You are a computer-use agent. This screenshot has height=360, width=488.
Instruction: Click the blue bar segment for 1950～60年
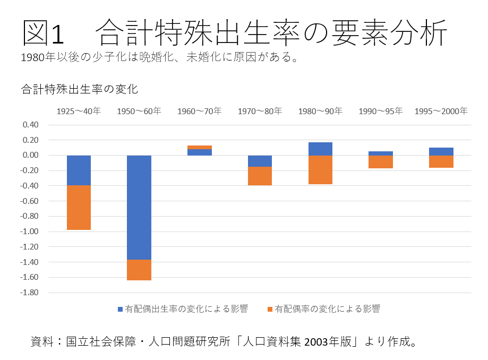tap(139, 207)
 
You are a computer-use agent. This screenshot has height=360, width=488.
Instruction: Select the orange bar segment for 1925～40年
tap(79, 208)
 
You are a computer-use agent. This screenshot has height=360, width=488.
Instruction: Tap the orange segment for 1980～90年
tap(320, 170)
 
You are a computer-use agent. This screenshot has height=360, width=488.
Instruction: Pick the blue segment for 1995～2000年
tap(441, 151)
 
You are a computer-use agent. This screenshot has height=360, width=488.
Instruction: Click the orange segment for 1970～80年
tap(260, 176)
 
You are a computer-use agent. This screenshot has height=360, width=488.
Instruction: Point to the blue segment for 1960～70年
tap(200, 152)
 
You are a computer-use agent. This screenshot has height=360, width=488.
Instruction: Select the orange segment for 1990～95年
tap(381, 162)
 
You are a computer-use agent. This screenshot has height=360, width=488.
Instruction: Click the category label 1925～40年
tap(79, 111)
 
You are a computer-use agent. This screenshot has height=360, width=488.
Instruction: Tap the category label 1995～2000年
tap(441, 111)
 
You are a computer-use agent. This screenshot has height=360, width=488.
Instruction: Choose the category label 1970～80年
tap(260, 111)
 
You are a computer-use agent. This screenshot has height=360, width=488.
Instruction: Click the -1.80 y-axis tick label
tap(30, 293)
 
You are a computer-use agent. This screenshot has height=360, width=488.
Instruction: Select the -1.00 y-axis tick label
tap(30, 232)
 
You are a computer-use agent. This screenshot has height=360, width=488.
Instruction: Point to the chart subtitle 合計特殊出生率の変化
tap(80, 89)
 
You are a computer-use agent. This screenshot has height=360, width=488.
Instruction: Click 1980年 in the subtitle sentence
tap(40, 57)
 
